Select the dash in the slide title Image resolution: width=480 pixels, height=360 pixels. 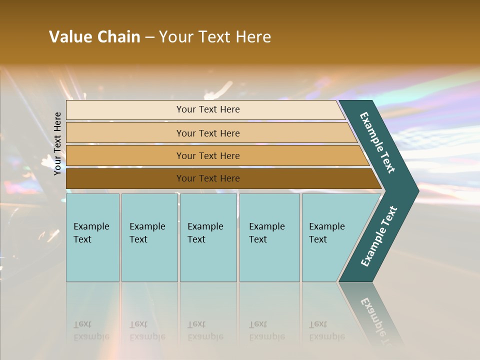tap(149, 37)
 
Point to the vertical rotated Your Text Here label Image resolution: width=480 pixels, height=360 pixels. tap(57, 143)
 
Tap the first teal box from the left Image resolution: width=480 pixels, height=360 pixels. tap(92, 237)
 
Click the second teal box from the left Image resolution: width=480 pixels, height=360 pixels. tap(149, 237)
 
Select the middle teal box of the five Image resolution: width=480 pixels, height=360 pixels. tap(208, 237)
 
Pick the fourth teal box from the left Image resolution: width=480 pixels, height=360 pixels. tap(269, 237)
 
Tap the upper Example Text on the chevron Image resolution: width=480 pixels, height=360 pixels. tap(377, 143)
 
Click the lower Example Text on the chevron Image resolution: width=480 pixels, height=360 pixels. tap(379, 236)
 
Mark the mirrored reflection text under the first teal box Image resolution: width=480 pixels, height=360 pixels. tap(91, 331)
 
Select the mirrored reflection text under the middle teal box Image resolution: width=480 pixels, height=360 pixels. tap(205, 331)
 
